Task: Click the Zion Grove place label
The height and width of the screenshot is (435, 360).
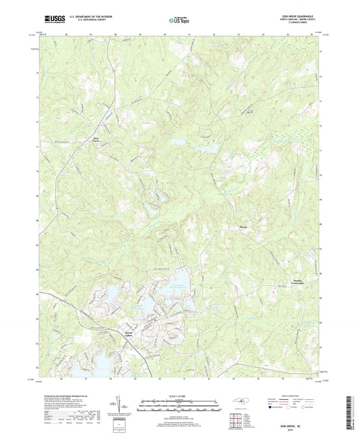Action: pos(97,140)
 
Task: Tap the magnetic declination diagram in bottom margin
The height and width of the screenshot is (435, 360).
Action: pos(120,409)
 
